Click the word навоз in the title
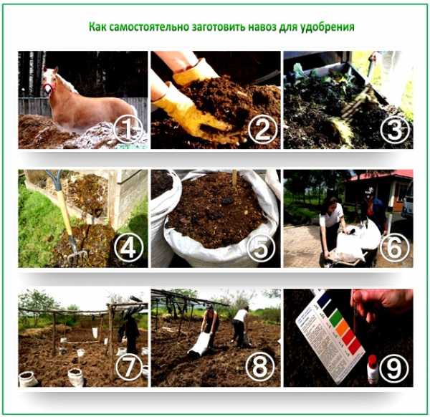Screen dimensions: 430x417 click(x=262, y=27)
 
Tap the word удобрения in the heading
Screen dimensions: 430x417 click(x=328, y=28)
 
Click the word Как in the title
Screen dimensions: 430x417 click(x=97, y=27)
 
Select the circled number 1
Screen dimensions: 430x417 click(x=128, y=130)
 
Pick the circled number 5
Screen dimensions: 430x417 click(x=261, y=248)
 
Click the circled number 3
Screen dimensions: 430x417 click(x=395, y=130)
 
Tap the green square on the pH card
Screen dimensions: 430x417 click(x=335, y=317)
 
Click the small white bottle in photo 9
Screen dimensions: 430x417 click(x=373, y=369)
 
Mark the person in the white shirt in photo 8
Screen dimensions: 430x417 click(x=240, y=325)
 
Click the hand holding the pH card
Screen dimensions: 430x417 click(x=381, y=305)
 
